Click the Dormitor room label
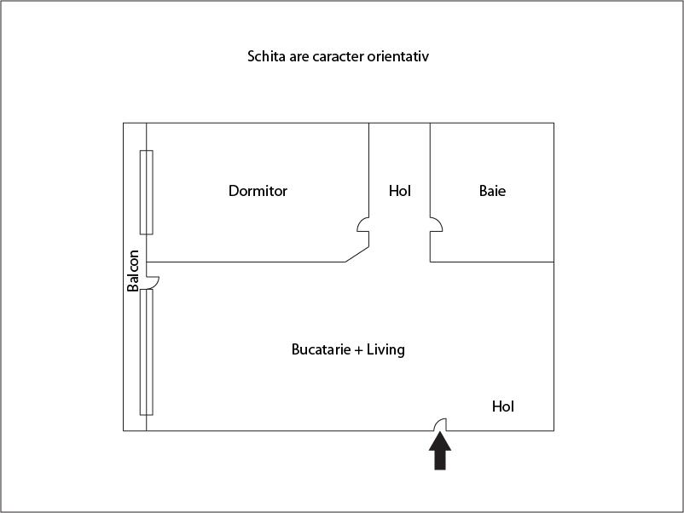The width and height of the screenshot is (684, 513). click(x=258, y=191)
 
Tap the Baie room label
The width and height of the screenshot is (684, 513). click(x=492, y=191)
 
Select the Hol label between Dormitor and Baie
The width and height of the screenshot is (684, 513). click(x=400, y=191)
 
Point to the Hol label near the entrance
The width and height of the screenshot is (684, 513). click(x=503, y=406)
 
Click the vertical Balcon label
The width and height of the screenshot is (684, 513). click(x=132, y=271)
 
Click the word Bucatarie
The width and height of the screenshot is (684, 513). click(x=321, y=349)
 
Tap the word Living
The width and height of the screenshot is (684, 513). click(x=385, y=350)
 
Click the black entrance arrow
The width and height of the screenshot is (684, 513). click(x=440, y=451)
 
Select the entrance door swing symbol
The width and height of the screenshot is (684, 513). click(x=440, y=424)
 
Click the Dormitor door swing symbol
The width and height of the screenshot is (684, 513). click(x=363, y=224)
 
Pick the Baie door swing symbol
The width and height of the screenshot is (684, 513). click(x=436, y=224)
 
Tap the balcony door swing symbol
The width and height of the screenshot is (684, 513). click(x=153, y=282)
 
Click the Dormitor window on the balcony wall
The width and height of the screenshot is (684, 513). click(x=147, y=193)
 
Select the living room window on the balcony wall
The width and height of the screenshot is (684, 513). click(x=147, y=352)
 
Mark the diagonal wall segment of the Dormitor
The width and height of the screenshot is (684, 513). click(x=356, y=255)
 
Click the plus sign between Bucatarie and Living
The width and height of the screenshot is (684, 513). click(x=358, y=350)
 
